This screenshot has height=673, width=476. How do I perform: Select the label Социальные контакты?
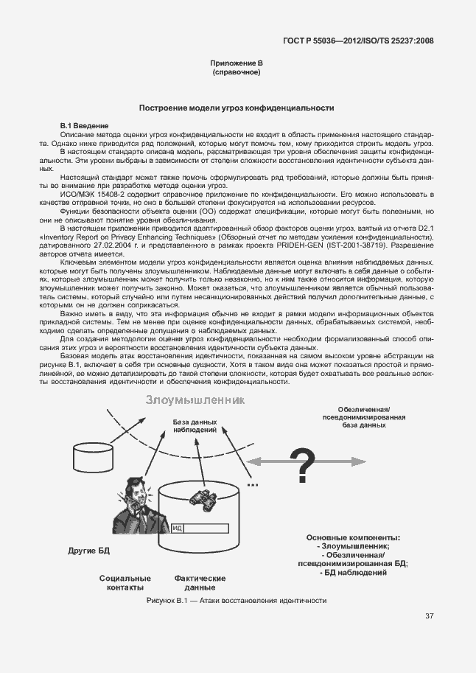tap(125, 583)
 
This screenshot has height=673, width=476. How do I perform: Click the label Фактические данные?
tap(200, 583)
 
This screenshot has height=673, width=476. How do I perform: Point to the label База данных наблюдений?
tap(195, 425)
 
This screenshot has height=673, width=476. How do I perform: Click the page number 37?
tap(429, 616)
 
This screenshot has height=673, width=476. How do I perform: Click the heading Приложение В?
tap(237, 65)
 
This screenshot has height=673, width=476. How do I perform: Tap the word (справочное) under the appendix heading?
tap(237, 74)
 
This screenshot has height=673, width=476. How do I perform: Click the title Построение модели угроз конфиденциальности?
tap(237, 108)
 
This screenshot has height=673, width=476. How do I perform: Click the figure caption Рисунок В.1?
tap(237, 601)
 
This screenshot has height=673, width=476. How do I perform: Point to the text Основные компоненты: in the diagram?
tap(353, 537)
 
